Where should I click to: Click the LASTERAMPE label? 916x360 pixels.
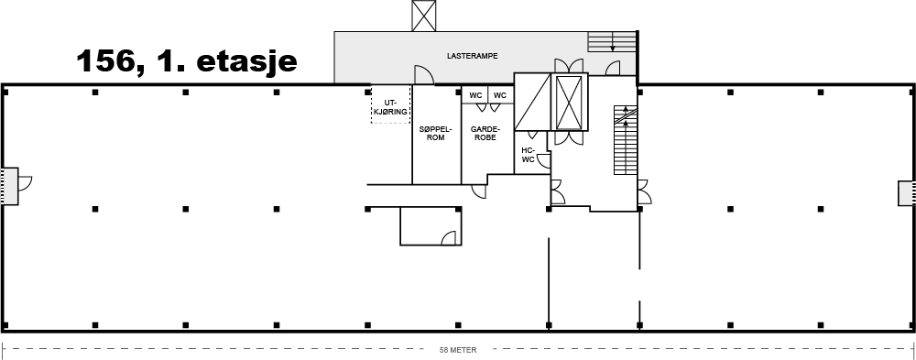(472, 57)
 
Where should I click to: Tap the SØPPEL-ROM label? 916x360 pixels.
(436, 134)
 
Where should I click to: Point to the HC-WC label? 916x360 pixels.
(528, 154)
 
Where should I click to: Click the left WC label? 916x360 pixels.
(475, 95)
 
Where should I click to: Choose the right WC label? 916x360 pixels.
(500, 95)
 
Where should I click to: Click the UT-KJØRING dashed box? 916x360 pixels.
(390, 104)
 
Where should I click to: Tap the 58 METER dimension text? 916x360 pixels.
(458, 351)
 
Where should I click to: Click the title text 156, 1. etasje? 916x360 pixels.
(186, 60)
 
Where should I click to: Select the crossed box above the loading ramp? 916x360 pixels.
(423, 16)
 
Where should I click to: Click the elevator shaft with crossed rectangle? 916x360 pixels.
(569, 103)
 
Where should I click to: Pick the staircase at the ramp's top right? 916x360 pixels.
(612, 41)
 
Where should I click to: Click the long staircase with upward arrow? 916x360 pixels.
(625, 139)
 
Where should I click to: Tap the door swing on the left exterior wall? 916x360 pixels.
(25, 183)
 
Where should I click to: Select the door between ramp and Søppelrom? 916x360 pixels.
(423, 75)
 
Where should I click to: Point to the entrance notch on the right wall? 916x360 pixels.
(907, 193)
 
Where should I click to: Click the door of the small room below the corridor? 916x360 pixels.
(449, 238)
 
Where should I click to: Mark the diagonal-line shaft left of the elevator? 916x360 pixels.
(532, 102)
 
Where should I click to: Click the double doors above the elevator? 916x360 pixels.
(569, 65)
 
